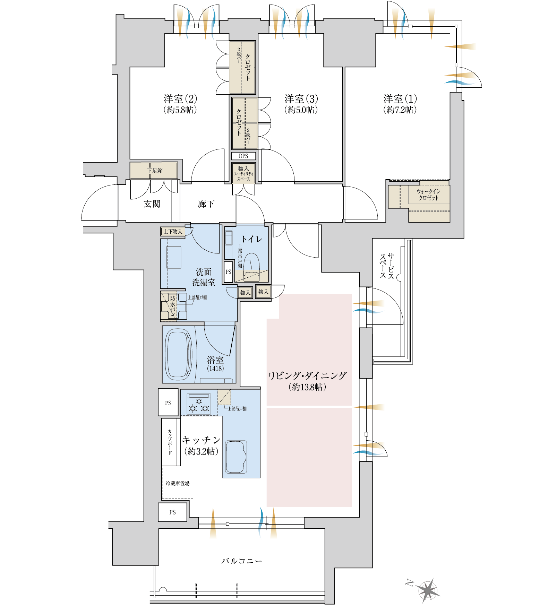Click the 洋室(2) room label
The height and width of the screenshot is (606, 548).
[x=180, y=99]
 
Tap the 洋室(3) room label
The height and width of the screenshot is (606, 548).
[x=301, y=99]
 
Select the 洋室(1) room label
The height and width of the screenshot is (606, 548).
[x=400, y=99]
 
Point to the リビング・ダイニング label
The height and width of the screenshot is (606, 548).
[x=307, y=376]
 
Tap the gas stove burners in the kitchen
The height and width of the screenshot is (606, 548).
[x=199, y=404]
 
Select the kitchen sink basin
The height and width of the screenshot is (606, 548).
[x=236, y=457]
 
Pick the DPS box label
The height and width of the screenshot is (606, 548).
[x=243, y=156]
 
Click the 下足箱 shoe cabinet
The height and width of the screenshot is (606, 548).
[x=154, y=171]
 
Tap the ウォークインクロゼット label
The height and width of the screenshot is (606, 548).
[x=428, y=194]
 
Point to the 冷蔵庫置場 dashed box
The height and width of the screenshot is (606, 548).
[x=178, y=483]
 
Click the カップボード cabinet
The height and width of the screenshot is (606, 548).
[x=170, y=442]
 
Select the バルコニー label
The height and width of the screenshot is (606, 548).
[x=242, y=561]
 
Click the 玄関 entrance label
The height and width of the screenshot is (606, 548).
[x=152, y=204]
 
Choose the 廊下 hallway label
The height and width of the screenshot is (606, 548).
[x=206, y=204]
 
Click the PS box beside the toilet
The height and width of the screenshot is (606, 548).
[x=228, y=272]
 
